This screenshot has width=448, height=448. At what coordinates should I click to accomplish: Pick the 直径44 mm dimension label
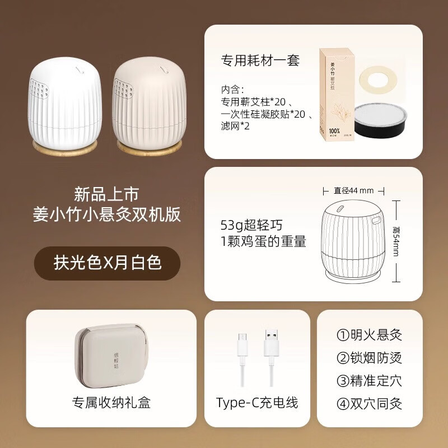tap(353, 190)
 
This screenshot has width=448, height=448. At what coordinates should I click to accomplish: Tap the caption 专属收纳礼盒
tap(111, 402)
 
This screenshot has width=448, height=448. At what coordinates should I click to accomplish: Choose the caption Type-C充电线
tap(257, 402)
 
